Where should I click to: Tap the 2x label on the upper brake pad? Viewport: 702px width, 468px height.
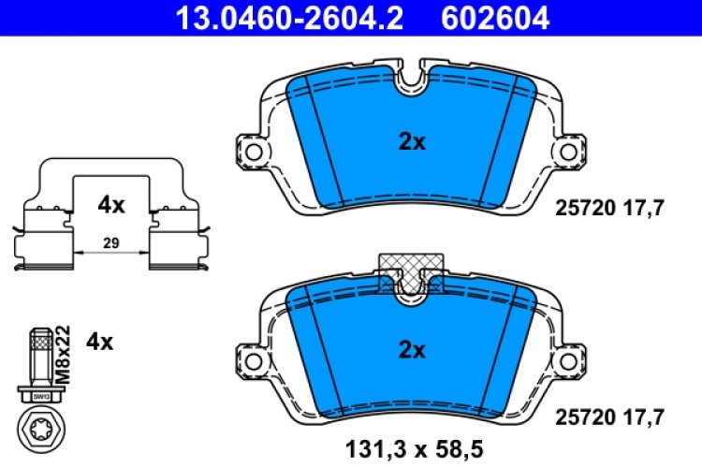[412, 143]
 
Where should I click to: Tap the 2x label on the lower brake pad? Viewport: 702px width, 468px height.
[412, 351]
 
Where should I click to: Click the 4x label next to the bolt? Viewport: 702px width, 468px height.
[99, 342]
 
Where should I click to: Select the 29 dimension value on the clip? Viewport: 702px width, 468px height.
[110, 243]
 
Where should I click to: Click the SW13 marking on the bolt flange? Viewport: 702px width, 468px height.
[39, 397]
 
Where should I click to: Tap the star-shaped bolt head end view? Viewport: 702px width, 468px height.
[39, 430]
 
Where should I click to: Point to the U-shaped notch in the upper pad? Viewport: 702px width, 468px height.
[410, 82]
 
